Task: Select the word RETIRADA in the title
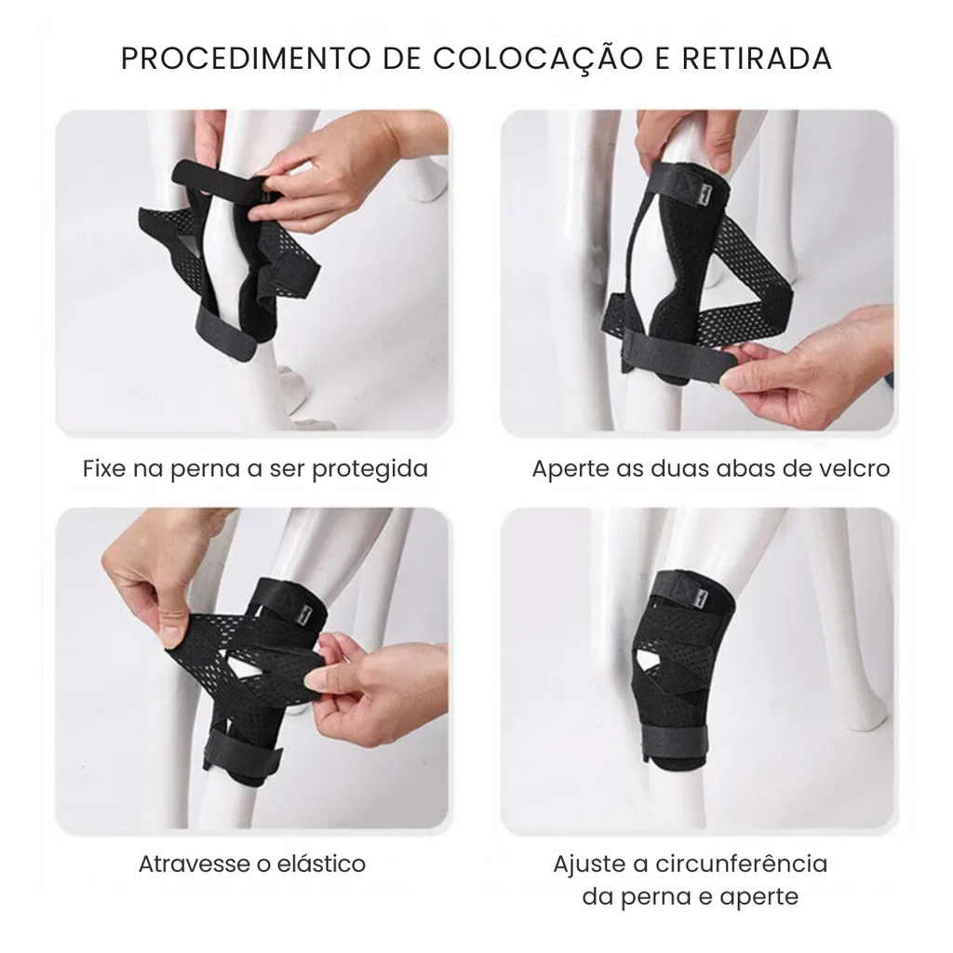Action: (757, 59)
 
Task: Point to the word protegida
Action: (369, 470)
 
